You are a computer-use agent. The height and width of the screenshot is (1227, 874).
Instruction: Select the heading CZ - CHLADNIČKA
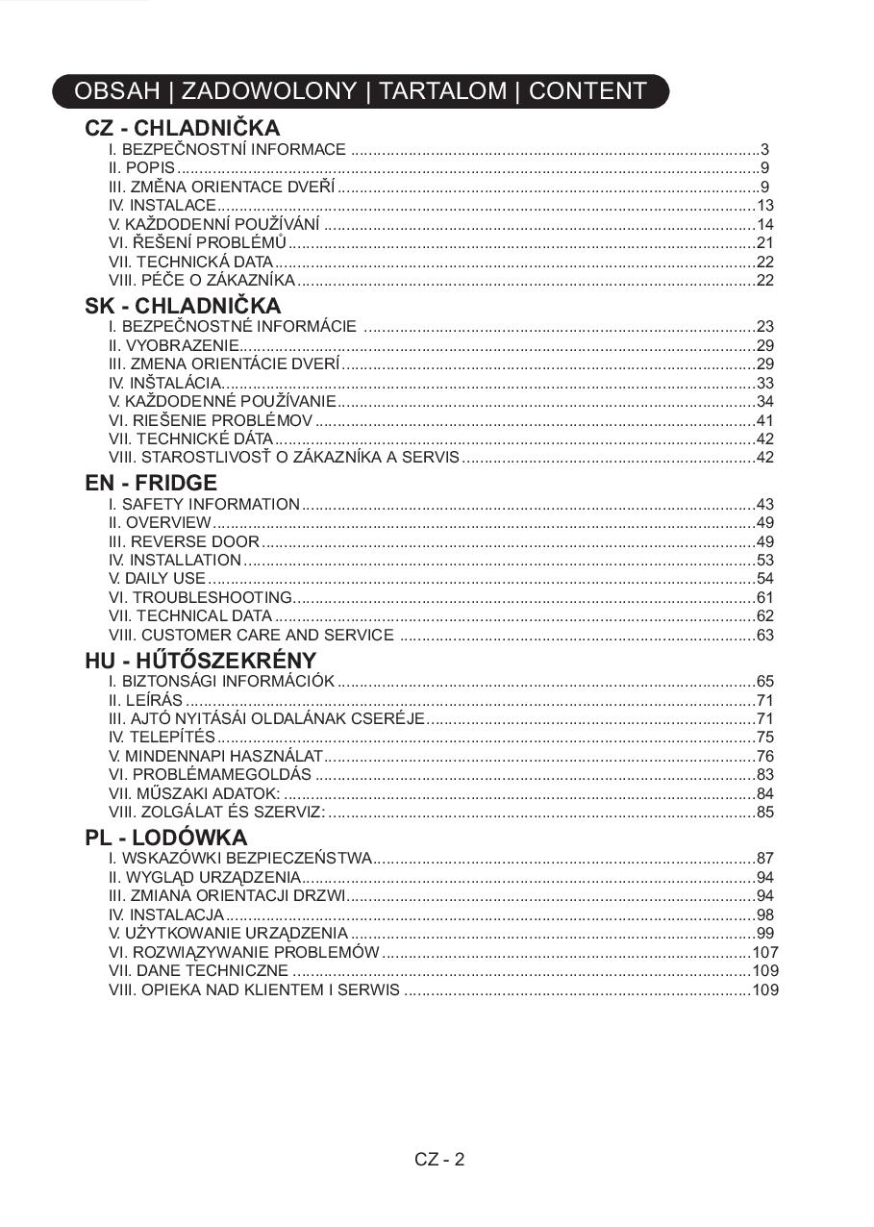click(x=182, y=128)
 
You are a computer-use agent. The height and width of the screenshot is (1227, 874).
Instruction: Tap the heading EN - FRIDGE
click(x=151, y=483)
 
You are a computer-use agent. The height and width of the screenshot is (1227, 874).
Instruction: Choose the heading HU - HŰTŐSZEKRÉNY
click(x=200, y=661)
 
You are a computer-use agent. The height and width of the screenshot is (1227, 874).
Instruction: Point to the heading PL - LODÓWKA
click(x=165, y=838)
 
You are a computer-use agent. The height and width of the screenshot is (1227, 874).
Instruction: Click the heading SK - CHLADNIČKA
click(x=183, y=306)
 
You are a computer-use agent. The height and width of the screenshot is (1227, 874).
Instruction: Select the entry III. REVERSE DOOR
click(x=185, y=541)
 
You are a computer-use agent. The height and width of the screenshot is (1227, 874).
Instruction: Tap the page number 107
click(x=765, y=952)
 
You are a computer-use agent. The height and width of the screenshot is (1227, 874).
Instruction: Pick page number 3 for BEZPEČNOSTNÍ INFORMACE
click(x=764, y=149)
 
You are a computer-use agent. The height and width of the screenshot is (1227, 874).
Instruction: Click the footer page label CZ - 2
click(x=439, y=1159)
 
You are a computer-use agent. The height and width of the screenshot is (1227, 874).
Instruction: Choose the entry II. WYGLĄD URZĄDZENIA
click(x=205, y=877)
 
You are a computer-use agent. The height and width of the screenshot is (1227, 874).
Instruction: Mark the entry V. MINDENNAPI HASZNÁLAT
click(x=216, y=756)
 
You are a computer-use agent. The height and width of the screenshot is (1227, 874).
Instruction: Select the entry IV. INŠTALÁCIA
click(x=165, y=383)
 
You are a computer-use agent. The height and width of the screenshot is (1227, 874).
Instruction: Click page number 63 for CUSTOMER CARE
click(x=765, y=635)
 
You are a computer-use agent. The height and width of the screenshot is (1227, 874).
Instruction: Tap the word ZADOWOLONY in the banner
click(x=268, y=91)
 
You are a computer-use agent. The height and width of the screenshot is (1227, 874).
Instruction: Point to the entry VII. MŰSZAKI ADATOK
click(x=194, y=793)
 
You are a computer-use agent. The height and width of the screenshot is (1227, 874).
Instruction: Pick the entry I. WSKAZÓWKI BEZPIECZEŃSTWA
click(x=239, y=858)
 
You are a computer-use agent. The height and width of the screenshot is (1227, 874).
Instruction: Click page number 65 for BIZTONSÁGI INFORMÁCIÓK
click(x=765, y=681)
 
